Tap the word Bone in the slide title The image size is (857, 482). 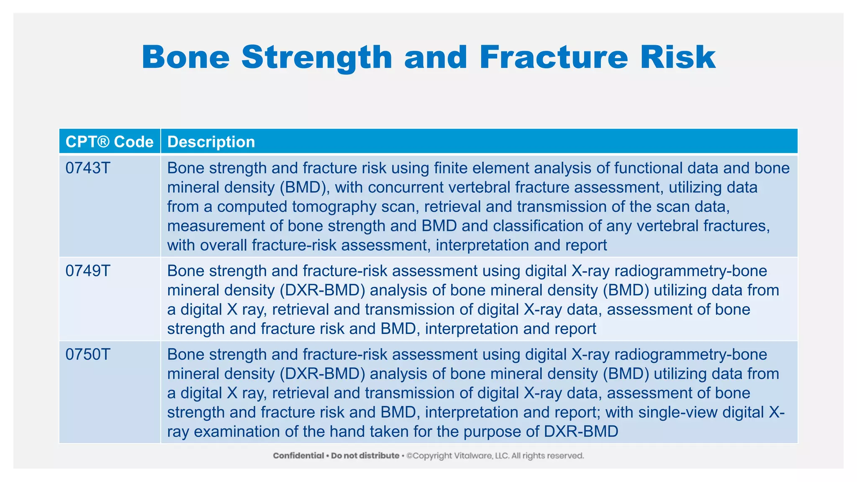point(186,57)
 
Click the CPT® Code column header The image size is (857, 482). point(110,142)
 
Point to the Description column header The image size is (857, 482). point(211,142)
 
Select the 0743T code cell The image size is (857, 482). point(88,168)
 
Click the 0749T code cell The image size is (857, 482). point(88,271)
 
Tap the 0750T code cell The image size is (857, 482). point(88,355)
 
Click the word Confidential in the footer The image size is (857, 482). point(298,456)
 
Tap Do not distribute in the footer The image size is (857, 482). point(365,456)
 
